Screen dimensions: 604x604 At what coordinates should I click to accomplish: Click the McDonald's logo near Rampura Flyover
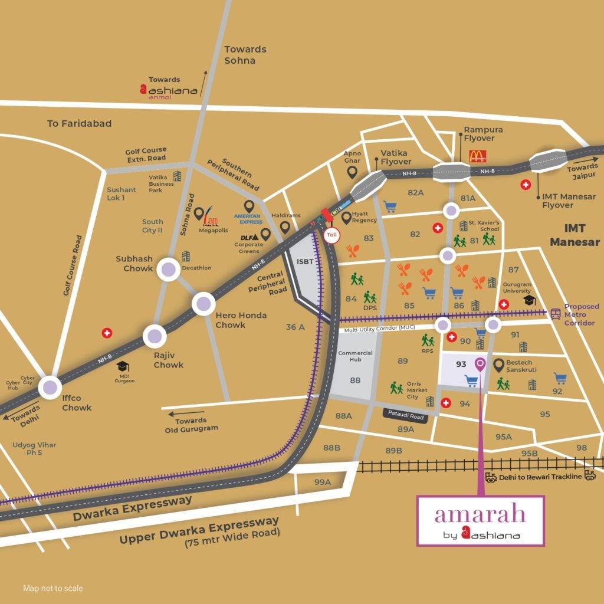pyautogui.click(x=477, y=156)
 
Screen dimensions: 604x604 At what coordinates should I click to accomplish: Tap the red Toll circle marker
pyautogui.click(x=331, y=234)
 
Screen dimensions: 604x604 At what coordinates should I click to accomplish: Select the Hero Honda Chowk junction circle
pyautogui.click(x=204, y=304)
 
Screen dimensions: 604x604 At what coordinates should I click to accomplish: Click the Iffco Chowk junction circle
pyautogui.click(x=50, y=388)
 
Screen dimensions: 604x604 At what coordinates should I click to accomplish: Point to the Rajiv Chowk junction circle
pyautogui.click(x=155, y=337)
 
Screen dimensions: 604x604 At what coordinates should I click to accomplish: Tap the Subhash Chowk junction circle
pyautogui.click(x=168, y=269)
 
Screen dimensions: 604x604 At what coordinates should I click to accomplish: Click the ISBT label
pyautogui.click(x=306, y=262)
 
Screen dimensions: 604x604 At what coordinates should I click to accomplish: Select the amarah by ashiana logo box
pyautogui.click(x=480, y=520)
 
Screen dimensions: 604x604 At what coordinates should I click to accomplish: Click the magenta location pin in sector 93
pyautogui.click(x=480, y=365)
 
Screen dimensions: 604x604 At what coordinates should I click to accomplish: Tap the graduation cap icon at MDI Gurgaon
pyautogui.click(x=123, y=366)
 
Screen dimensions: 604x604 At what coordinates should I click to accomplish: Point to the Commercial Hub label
pyautogui.click(x=355, y=357)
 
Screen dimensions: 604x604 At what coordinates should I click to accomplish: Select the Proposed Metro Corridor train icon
pyautogui.click(x=555, y=314)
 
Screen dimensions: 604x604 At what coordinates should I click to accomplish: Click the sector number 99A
pyautogui.click(x=323, y=482)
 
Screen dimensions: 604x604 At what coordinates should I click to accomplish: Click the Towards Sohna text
pyautogui.click(x=245, y=55)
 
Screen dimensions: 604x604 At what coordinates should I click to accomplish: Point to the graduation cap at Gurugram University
pyautogui.click(x=529, y=301)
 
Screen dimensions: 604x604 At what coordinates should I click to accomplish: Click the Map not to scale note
pyautogui.click(x=53, y=588)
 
